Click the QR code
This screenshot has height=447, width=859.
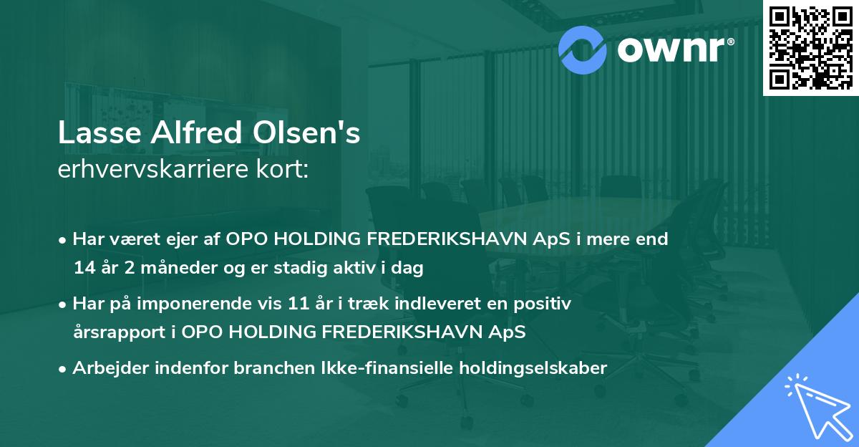811,47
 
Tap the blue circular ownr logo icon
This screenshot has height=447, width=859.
583,48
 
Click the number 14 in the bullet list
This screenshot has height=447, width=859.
84,269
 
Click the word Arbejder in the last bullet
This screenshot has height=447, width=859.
109,368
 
